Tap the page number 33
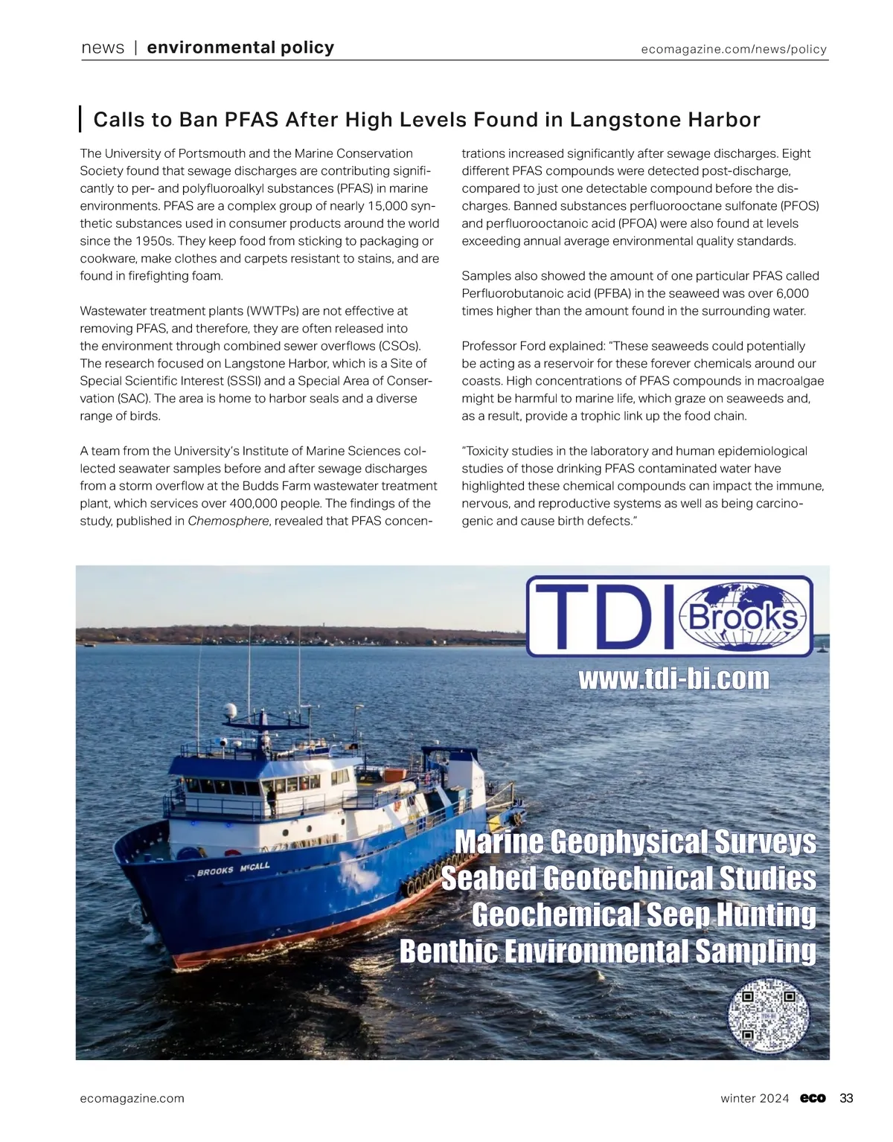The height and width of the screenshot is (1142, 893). pyautogui.click(x=846, y=1098)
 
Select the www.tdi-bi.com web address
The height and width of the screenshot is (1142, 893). pyautogui.click(x=673, y=679)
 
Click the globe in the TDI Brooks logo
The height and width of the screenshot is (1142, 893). pyautogui.click(x=744, y=617)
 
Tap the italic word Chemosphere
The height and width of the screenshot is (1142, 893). pyautogui.click(x=228, y=521)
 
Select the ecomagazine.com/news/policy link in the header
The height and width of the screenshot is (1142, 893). pyautogui.click(x=734, y=49)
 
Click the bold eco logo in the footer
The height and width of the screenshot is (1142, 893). pyautogui.click(x=813, y=1098)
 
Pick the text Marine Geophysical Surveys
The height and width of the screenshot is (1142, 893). pyautogui.click(x=635, y=842)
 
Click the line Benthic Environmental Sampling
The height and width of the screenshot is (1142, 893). pyautogui.click(x=607, y=952)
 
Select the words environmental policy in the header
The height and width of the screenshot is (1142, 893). pyautogui.click(x=240, y=48)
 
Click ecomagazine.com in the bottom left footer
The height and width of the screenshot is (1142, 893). pyautogui.click(x=132, y=1098)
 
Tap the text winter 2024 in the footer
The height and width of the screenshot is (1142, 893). pyautogui.click(x=755, y=1098)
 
